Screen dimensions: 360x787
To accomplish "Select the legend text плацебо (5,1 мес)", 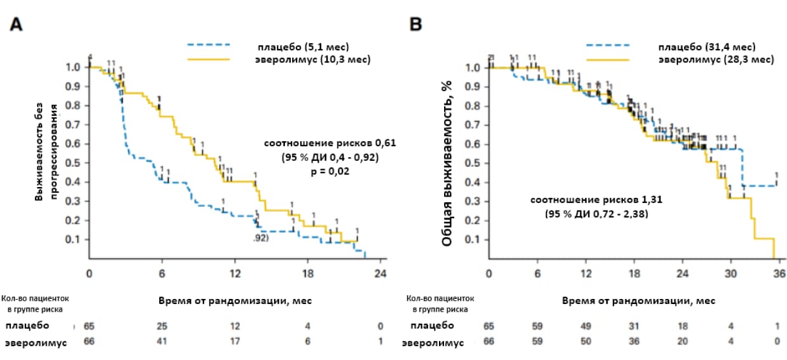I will [x=303, y=47].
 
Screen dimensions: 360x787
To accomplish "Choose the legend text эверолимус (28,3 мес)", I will [x=716, y=59].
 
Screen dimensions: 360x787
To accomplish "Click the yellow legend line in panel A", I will [x=208, y=59].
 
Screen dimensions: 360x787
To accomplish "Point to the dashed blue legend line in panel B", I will [x=607, y=45].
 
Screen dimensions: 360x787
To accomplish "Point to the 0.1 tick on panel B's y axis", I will [x=473, y=239].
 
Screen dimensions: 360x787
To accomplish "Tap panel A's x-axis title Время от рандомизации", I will [x=234, y=300].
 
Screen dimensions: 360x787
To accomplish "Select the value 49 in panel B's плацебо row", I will [x=586, y=326].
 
